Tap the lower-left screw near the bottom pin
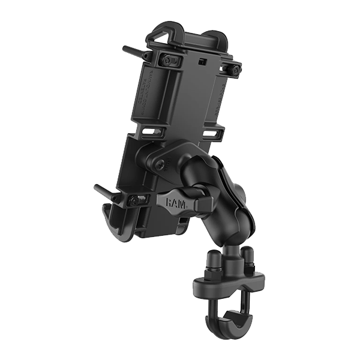tap(137, 200)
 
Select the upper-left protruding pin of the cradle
tap(133, 50)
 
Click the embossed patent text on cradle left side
tap(142, 90)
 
